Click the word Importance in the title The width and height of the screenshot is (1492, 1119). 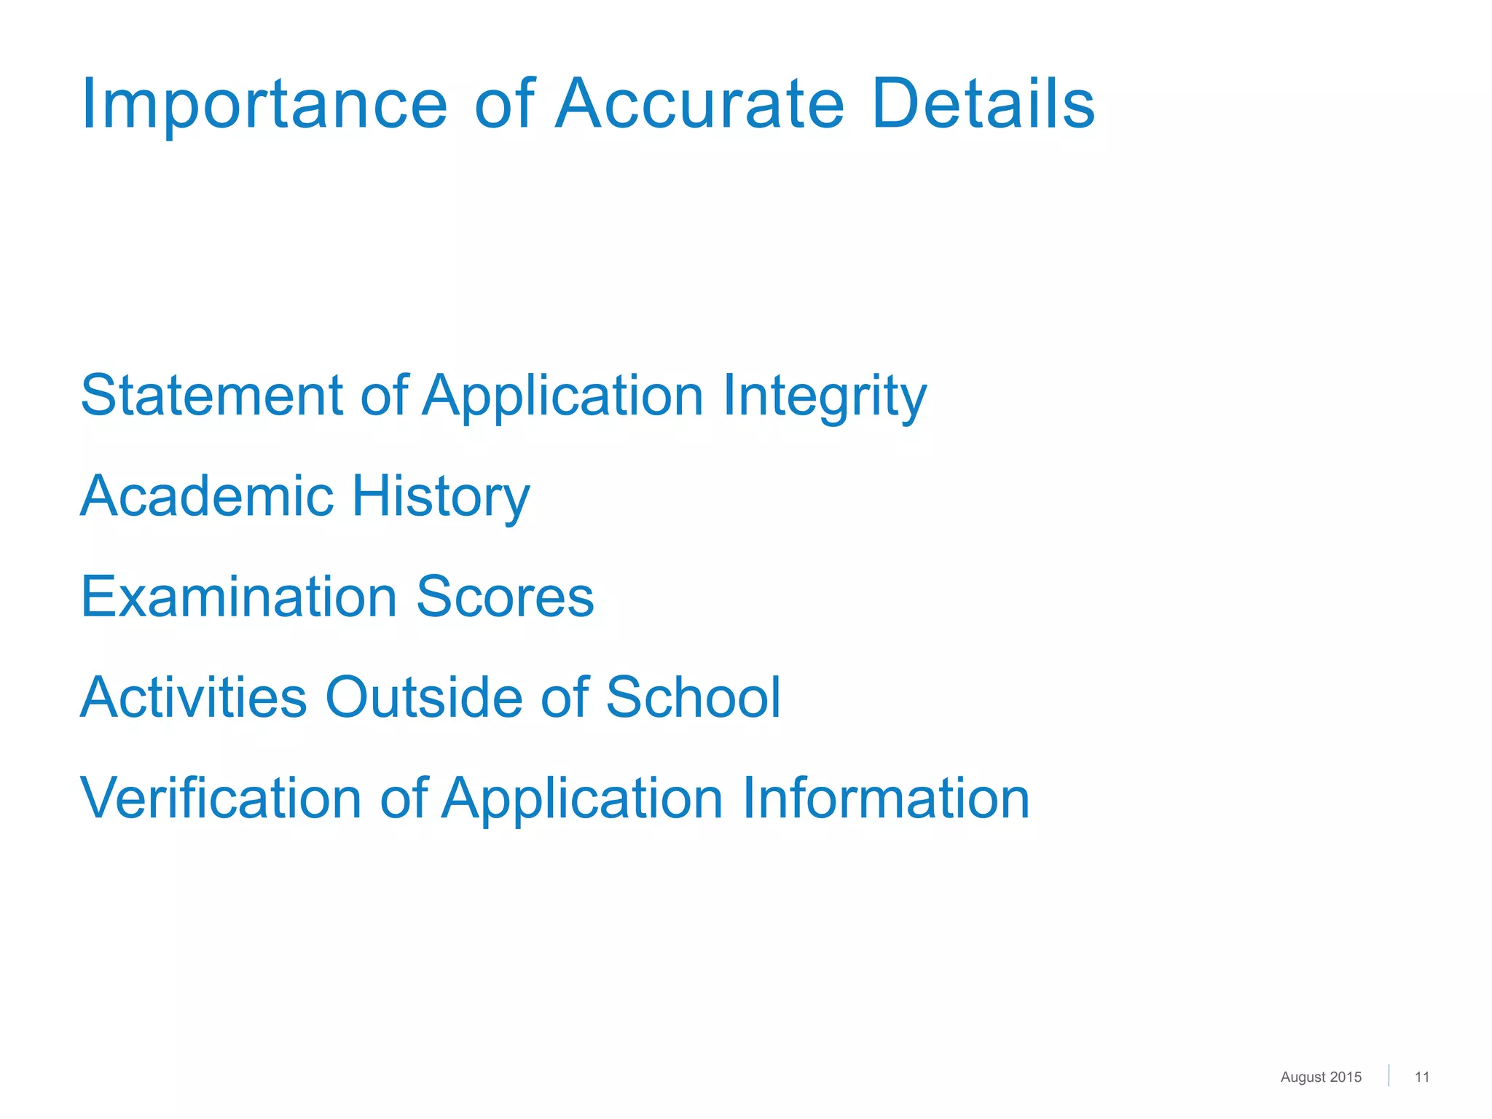click(264, 104)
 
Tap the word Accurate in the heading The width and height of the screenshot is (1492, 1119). click(699, 104)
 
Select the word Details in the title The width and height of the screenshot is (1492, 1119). click(983, 104)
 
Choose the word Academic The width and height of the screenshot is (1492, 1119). click(206, 496)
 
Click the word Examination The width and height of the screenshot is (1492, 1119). click(238, 597)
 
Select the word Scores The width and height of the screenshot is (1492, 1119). click(505, 597)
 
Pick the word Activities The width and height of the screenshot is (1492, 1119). click(194, 697)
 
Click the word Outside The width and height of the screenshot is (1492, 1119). click(423, 697)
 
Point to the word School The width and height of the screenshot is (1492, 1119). click(693, 697)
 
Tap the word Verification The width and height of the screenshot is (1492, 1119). click(221, 798)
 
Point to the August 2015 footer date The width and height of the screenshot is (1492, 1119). click(1321, 1077)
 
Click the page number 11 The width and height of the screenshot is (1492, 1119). click(1422, 1077)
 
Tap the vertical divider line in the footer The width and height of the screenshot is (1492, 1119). click(1389, 1076)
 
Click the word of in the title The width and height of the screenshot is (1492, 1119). click(504, 104)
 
